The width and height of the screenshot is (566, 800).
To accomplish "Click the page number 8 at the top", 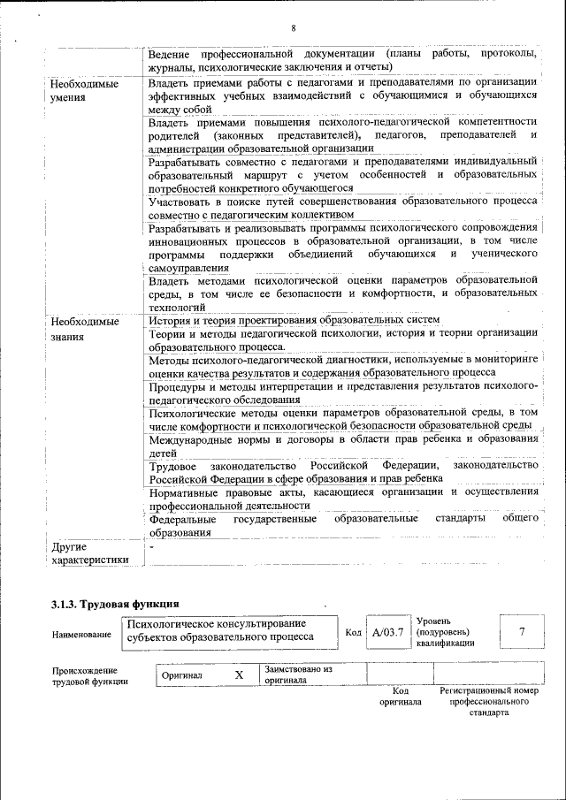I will tap(293, 28).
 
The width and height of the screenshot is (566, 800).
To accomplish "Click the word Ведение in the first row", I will tap(173, 55).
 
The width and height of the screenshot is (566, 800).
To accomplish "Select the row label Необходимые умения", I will tap(83, 89).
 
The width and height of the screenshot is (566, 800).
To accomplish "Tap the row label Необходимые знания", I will tap(83, 329).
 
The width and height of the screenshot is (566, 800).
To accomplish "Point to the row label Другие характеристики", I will tap(89, 553).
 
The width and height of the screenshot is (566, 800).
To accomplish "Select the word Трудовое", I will tap(172, 465).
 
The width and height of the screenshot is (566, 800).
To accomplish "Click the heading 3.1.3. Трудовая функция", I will tap(109, 605).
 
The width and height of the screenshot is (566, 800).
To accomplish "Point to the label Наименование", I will tap(81, 635).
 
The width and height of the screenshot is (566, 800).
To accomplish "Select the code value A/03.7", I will tap(387, 633).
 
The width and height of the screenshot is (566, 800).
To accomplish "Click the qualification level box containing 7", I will tap(522, 631).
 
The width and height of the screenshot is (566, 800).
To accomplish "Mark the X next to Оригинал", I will tap(239, 675).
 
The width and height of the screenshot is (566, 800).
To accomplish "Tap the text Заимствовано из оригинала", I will tap(297, 674).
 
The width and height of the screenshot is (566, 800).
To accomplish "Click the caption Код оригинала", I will tap(401, 696).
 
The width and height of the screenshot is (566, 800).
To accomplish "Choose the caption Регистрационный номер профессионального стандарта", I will tap(489, 701).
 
